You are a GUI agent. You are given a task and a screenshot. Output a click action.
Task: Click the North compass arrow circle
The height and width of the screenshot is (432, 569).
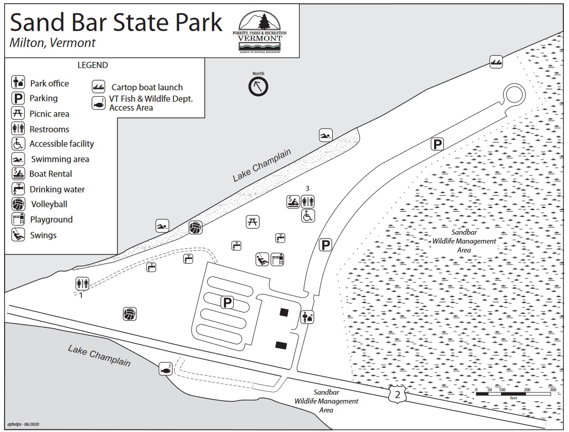(258, 87)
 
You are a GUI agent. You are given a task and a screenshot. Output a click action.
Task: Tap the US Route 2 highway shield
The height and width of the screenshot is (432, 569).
(398, 394)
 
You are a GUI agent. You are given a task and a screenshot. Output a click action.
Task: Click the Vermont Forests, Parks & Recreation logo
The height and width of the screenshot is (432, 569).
(260, 32)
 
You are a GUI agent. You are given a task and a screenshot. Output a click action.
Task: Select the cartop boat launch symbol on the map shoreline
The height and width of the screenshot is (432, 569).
(496, 62)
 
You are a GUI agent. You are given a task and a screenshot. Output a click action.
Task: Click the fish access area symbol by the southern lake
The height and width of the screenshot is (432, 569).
(165, 369)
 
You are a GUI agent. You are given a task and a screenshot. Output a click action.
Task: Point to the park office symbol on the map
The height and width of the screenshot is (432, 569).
(307, 317)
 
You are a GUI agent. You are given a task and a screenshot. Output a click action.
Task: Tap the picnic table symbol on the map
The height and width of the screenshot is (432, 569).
(252, 221)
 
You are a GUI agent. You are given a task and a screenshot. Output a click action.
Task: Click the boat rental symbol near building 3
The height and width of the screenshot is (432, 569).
(293, 201)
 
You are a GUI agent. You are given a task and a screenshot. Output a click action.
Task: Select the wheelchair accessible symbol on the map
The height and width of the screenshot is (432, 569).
(308, 216)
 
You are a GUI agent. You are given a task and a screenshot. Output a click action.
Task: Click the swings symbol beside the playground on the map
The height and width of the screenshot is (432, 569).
(262, 260)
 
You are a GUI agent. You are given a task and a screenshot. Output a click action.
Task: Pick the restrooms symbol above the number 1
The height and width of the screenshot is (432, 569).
(82, 283)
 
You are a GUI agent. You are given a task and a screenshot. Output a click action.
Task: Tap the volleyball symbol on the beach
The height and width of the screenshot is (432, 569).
(195, 228)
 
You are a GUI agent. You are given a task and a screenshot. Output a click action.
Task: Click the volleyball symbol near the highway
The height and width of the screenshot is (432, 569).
(130, 314)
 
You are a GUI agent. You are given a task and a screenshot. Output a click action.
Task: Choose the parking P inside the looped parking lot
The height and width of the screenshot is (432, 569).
(227, 302)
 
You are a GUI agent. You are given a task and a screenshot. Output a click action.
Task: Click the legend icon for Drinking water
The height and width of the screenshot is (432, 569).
(18, 189)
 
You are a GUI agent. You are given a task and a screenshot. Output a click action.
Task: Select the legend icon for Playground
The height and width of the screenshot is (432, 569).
(18, 219)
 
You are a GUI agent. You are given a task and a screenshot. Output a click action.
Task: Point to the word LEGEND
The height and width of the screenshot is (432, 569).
(93, 65)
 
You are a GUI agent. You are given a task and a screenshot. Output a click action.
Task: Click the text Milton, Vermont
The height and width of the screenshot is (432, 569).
(52, 43)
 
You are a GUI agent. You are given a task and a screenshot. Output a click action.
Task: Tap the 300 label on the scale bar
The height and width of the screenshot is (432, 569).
(553, 390)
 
